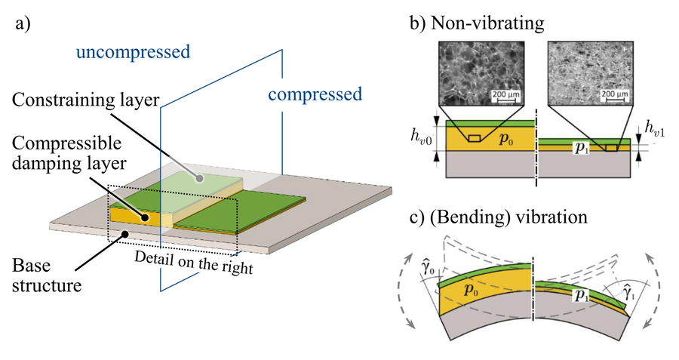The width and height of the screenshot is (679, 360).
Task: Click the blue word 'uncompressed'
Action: (133, 52)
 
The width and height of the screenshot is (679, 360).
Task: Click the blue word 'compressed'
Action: (315, 95)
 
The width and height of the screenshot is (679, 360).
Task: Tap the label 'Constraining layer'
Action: (86, 100)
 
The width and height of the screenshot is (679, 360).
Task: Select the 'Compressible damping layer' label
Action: (69, 154)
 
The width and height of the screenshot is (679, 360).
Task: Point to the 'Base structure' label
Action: (46, 275)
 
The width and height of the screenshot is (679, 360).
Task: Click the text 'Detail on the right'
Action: (194, 263)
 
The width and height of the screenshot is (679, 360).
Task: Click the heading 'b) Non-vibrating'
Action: (477, 23)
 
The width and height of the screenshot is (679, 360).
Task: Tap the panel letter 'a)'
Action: (23, 24)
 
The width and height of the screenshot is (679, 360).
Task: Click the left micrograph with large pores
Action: (481, 74)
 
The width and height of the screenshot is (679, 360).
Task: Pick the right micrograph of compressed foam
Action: (590, 74)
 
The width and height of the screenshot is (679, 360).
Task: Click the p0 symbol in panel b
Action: (505, 139)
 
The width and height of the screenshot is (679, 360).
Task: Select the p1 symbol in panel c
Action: (582, 295)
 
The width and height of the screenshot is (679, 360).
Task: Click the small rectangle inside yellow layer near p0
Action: (475, 139)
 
